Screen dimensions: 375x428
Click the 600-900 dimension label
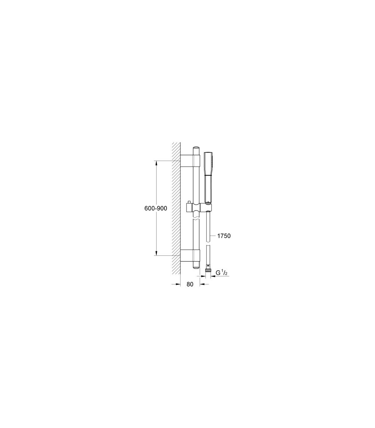coord(156,208)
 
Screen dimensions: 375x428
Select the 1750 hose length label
coord(224,236)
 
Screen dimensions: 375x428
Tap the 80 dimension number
coord(190,284)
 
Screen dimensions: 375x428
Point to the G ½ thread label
coord(222,273)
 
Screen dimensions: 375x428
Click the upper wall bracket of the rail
coord(190,161)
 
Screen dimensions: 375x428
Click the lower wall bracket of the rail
coord(190,255)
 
